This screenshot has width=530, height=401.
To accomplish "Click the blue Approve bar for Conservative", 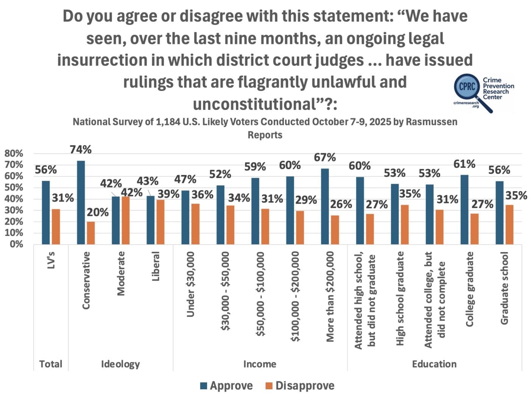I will pos(81,203).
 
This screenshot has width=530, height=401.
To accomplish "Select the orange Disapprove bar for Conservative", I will pos(91,233).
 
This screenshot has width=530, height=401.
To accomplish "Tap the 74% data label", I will pos(81,150).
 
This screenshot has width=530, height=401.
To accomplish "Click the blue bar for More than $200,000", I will pos(325,206).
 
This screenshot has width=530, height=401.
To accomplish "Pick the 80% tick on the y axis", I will pos(14,153).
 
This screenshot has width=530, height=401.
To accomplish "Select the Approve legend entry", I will pos(226,386).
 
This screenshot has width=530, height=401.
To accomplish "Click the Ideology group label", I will pos(120,364).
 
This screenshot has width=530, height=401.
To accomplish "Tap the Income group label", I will pos(260,364).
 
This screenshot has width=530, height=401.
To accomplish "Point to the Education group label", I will pos(434,364).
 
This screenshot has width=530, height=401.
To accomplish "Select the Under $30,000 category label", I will pos(190,284).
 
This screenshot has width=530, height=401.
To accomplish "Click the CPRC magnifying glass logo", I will pos(468,87).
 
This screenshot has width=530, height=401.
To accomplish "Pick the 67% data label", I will pos(325,157).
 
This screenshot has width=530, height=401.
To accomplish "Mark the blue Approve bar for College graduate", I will pos(465,209).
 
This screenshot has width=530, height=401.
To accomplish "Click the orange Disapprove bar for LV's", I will pos(56,226).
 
